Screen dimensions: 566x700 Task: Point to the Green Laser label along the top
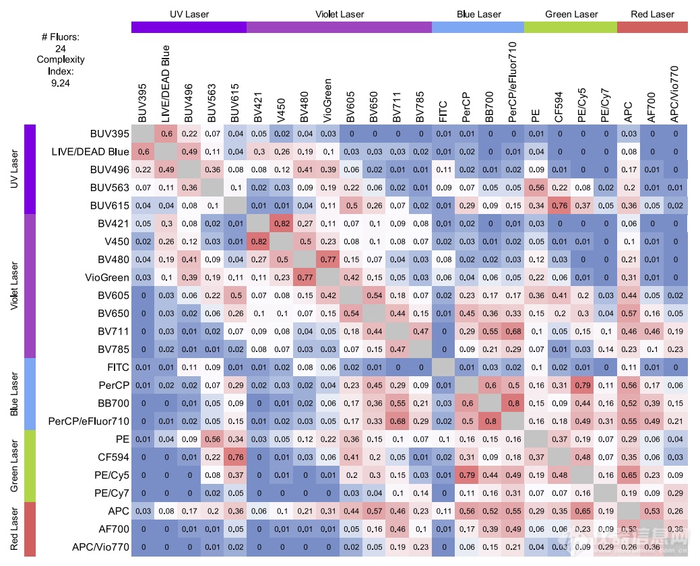(x=571, y=14)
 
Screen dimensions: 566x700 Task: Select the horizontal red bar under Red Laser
(x=651, y=27)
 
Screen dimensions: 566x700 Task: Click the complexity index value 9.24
(x=60, y=83)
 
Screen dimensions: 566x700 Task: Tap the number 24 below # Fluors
(x=60, y=48)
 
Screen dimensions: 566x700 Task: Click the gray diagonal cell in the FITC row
(x=443, y=367)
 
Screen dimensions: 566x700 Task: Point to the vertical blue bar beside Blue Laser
(x=30, y=394)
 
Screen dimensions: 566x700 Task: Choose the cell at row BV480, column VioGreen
(x=327, y=259)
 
